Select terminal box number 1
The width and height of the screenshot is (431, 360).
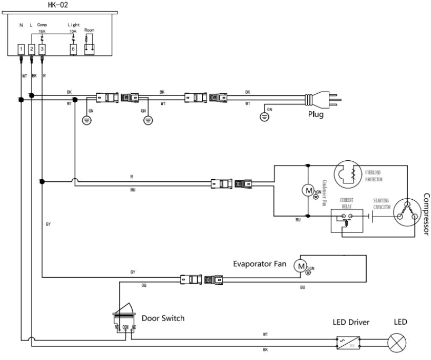[21, 49]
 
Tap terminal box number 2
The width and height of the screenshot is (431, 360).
[32, 49]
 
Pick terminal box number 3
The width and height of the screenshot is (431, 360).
[42, 49]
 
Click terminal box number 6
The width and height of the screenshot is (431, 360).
[74, 49]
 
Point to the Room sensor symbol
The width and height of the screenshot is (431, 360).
[90, 46]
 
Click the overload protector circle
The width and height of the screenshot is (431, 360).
[348, 174]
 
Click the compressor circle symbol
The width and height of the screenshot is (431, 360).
[406, 210]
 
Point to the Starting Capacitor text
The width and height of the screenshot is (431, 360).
[382, 203]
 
